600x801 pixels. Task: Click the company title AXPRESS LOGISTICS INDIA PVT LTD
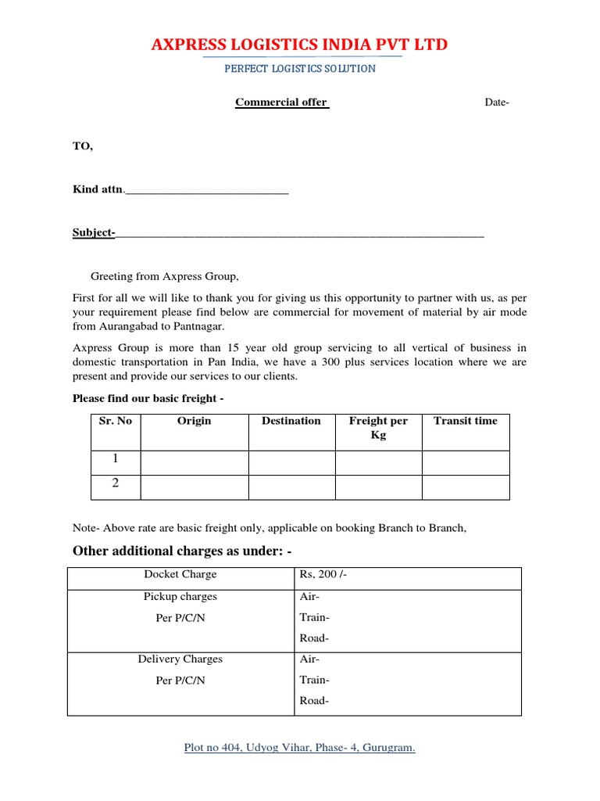(300, 45)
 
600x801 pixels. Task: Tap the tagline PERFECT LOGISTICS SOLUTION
(300, 69)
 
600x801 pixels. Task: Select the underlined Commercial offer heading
(282, 102)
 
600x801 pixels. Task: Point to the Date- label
(497, 102)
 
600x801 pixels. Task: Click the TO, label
(83, 146)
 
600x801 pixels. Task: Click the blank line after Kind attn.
(207, 190)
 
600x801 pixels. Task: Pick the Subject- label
(94, 233)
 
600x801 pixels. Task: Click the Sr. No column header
(116, 421)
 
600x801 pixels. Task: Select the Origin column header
(194, 421)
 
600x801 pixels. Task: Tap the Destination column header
(291, 421)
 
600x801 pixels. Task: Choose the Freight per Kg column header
(378, 428)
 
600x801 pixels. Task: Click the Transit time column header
(466, 421)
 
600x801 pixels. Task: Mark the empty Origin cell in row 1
(194, 462)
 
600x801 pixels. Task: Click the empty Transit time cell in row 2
(466, 487)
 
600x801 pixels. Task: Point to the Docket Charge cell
(180, 575)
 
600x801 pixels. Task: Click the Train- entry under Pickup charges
(315, 617)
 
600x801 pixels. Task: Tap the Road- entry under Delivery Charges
(315, 701)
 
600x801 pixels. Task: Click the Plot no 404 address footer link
(300, 748)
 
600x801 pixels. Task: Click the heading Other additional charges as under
(182, 551)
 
